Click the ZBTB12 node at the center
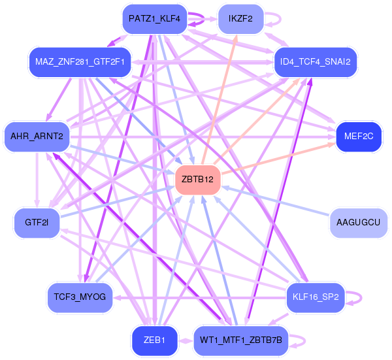pyautogui.click(x=198, y=180)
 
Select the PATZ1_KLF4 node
pyautogui.click(x=154, y=19)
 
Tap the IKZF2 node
pyautogui.click(x=240, y=19)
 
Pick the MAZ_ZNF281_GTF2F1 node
pyautogui.click(x=80, y=62)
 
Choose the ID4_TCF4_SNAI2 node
pyautogui.click(x=316, y=62)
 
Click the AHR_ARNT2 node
pyautogui.click(x=37, y=137)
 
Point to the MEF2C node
pyautogui.click(x=359, y=137)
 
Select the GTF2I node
pyautogui.click(x=37, y=223)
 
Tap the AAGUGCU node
pyautogui.click(x=358, y=223)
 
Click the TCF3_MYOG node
pyautogui.click(x=80, y=297)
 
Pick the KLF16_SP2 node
pyautogui.click(x=316, y=297)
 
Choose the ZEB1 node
pyautogui.click(x=154, y=340)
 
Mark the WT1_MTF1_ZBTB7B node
pyautogui.click(x=241, y=340)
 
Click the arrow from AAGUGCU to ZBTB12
pyautogui.click(x=275, y=201)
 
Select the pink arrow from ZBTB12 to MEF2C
pyautogui.click(x=278, y=159)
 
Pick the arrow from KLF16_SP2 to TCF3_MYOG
pyautogui.click(x=199, y=297)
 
